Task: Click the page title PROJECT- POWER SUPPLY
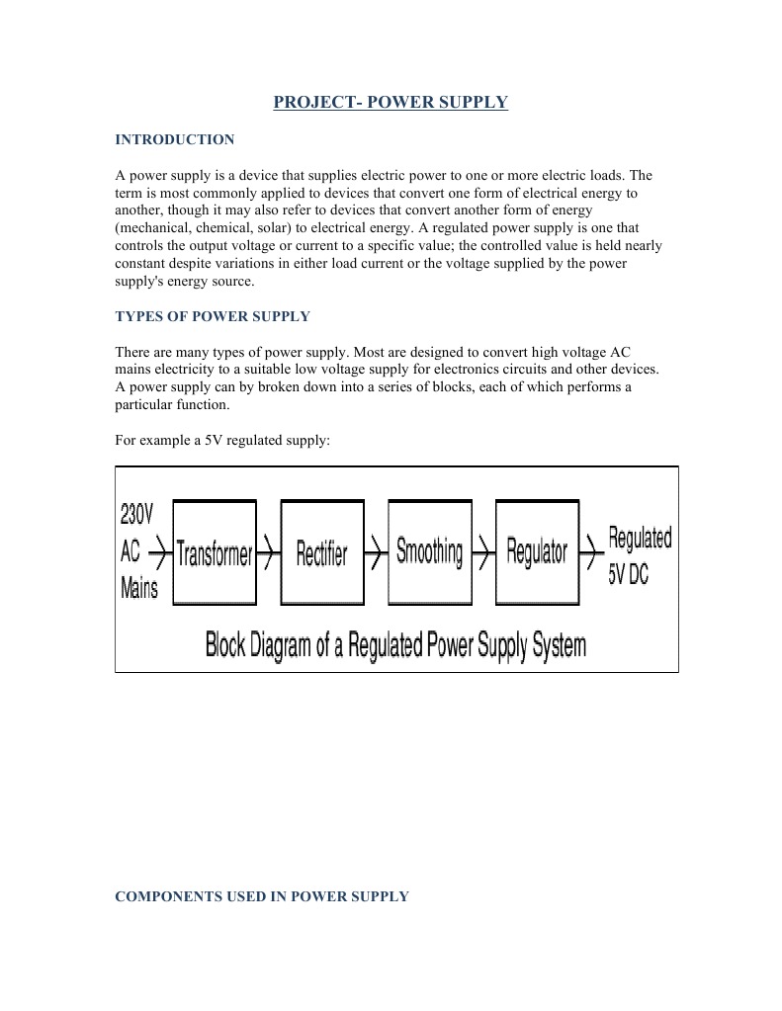tap(391, 102)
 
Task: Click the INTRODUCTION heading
tap(175, 139)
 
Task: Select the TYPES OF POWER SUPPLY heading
tap(213, 316)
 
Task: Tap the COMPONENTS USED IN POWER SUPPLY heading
tap(262, 896)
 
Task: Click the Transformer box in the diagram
tap(215, 552)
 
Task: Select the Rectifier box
tap(322, 552)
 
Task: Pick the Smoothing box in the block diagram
tap(429, 551)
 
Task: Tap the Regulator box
tap(537, 551)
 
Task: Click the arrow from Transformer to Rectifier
tap(268, 553)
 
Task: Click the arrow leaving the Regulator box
tap(591, 552)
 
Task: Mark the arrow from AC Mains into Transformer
tap(159, 553)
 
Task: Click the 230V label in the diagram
tap(136, 514)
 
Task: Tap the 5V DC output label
tap(628, 574)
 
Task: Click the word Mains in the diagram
tap(138, 589)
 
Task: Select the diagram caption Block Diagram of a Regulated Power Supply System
tap(395, 645)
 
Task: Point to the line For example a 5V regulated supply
tap(221, 440)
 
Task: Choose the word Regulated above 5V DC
tap(640, 539)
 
